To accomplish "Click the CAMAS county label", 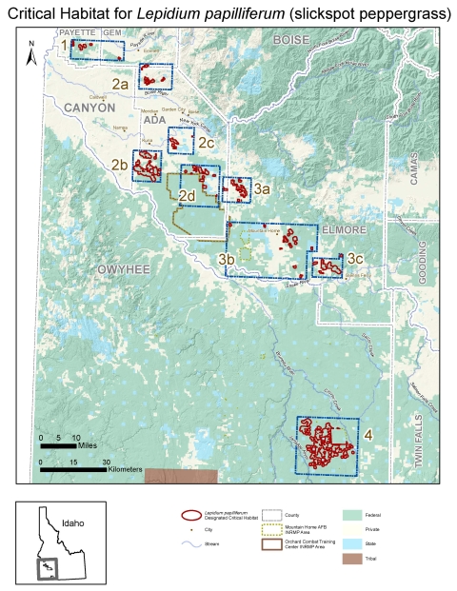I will (415, 175).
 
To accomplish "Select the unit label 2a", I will (120, 85).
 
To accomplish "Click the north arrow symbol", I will (32, 55).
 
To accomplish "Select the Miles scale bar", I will (58, 445).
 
